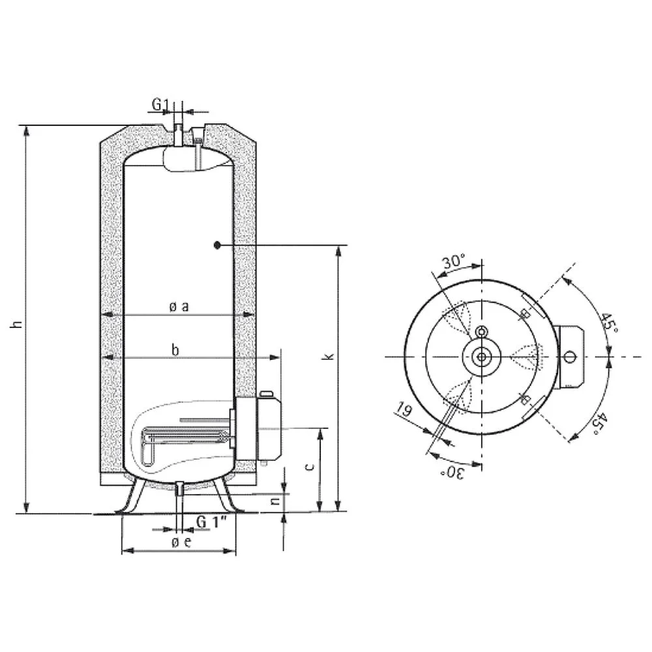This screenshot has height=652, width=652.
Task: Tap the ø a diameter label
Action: click(x=178, y=306)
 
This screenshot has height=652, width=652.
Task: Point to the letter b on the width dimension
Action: click(x=175, y=350)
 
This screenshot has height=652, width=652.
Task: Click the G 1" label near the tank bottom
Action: click(x=211, y=522)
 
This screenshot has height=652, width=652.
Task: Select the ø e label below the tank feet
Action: click(x=181, y=542)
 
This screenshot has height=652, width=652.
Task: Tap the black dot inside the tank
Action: click(x=216, y=245)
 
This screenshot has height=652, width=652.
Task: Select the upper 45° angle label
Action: click(x=610, y=322)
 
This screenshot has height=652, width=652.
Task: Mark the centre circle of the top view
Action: click(x=482, y=357)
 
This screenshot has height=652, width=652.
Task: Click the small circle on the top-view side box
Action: click(x=570, y=357)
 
